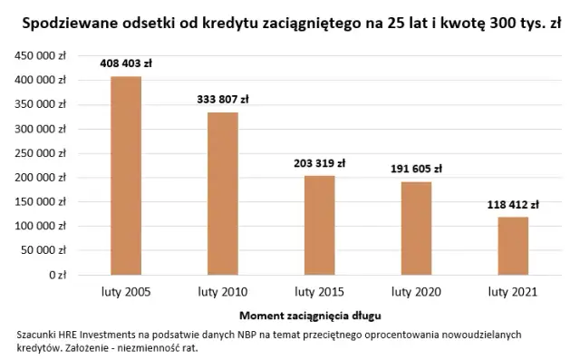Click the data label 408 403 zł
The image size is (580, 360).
click(126, 63)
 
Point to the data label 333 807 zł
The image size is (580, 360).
click(223, 99)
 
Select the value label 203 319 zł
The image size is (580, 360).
click(319, 163)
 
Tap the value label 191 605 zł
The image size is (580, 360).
click(416, 169)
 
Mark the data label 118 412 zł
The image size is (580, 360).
click(512, 204)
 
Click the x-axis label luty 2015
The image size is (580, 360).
click(319, 292)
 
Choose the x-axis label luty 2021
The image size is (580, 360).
click(512, 292)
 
